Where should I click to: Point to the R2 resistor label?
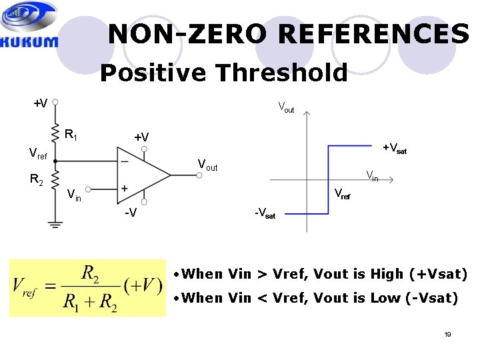pos(37,179)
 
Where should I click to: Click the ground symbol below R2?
pos(55,223)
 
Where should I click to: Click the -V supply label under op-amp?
pos(131,213)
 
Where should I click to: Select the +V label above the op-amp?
pos(141,137)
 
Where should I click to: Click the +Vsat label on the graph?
pos(394,148)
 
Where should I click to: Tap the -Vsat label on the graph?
pos(265,214)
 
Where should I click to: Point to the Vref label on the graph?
pos(342,194)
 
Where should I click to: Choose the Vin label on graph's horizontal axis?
pos(372,176)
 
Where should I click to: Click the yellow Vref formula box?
pos(87,287)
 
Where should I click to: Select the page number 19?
pos(447,333)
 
